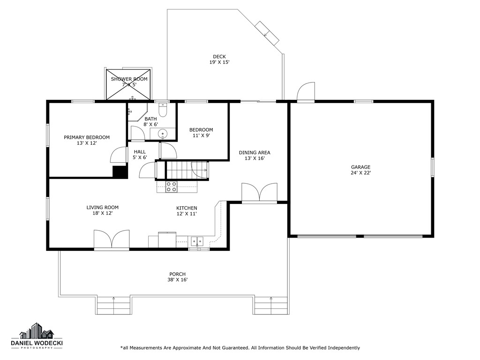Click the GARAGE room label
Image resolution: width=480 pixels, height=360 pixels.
pyautogui.click(x=360, y=170)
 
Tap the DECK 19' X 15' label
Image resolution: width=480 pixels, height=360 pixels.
pyautogui.click(x=219, y=60)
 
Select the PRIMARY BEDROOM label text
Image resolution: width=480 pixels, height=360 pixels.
pyautogui.click(x=87, y=140)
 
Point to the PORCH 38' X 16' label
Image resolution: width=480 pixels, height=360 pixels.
pyautogui.click(x=178, y=277)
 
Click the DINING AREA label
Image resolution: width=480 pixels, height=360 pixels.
pyautogui.click(x=255, y=155)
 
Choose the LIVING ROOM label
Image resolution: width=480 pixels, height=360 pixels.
pyautogui.click(x=102, y=210)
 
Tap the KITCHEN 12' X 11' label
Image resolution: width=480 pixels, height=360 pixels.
pyautogui.click(x=187, y=211)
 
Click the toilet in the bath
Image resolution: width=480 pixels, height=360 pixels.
pyautogui.click(x=163, y=111)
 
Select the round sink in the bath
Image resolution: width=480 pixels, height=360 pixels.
pyautogui.click(x=163, y=134)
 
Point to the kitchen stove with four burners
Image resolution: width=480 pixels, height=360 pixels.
pyautogui.click(x=172, y=187)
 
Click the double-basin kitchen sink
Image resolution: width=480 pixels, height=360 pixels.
pyautogui.click(x=197, y=241)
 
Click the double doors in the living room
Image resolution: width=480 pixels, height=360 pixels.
pyautogui.click(x=112, y=239)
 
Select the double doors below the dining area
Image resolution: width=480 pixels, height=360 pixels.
pyautogui.click(x=259, y=193)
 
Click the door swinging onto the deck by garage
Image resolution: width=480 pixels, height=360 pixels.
pyautogui.click(x=306, y=92)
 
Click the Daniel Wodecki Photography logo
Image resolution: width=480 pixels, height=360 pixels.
pyautogui.click(x=37, y=337)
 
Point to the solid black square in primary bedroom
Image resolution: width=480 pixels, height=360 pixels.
pyautogui.click(x=120, y=172)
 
